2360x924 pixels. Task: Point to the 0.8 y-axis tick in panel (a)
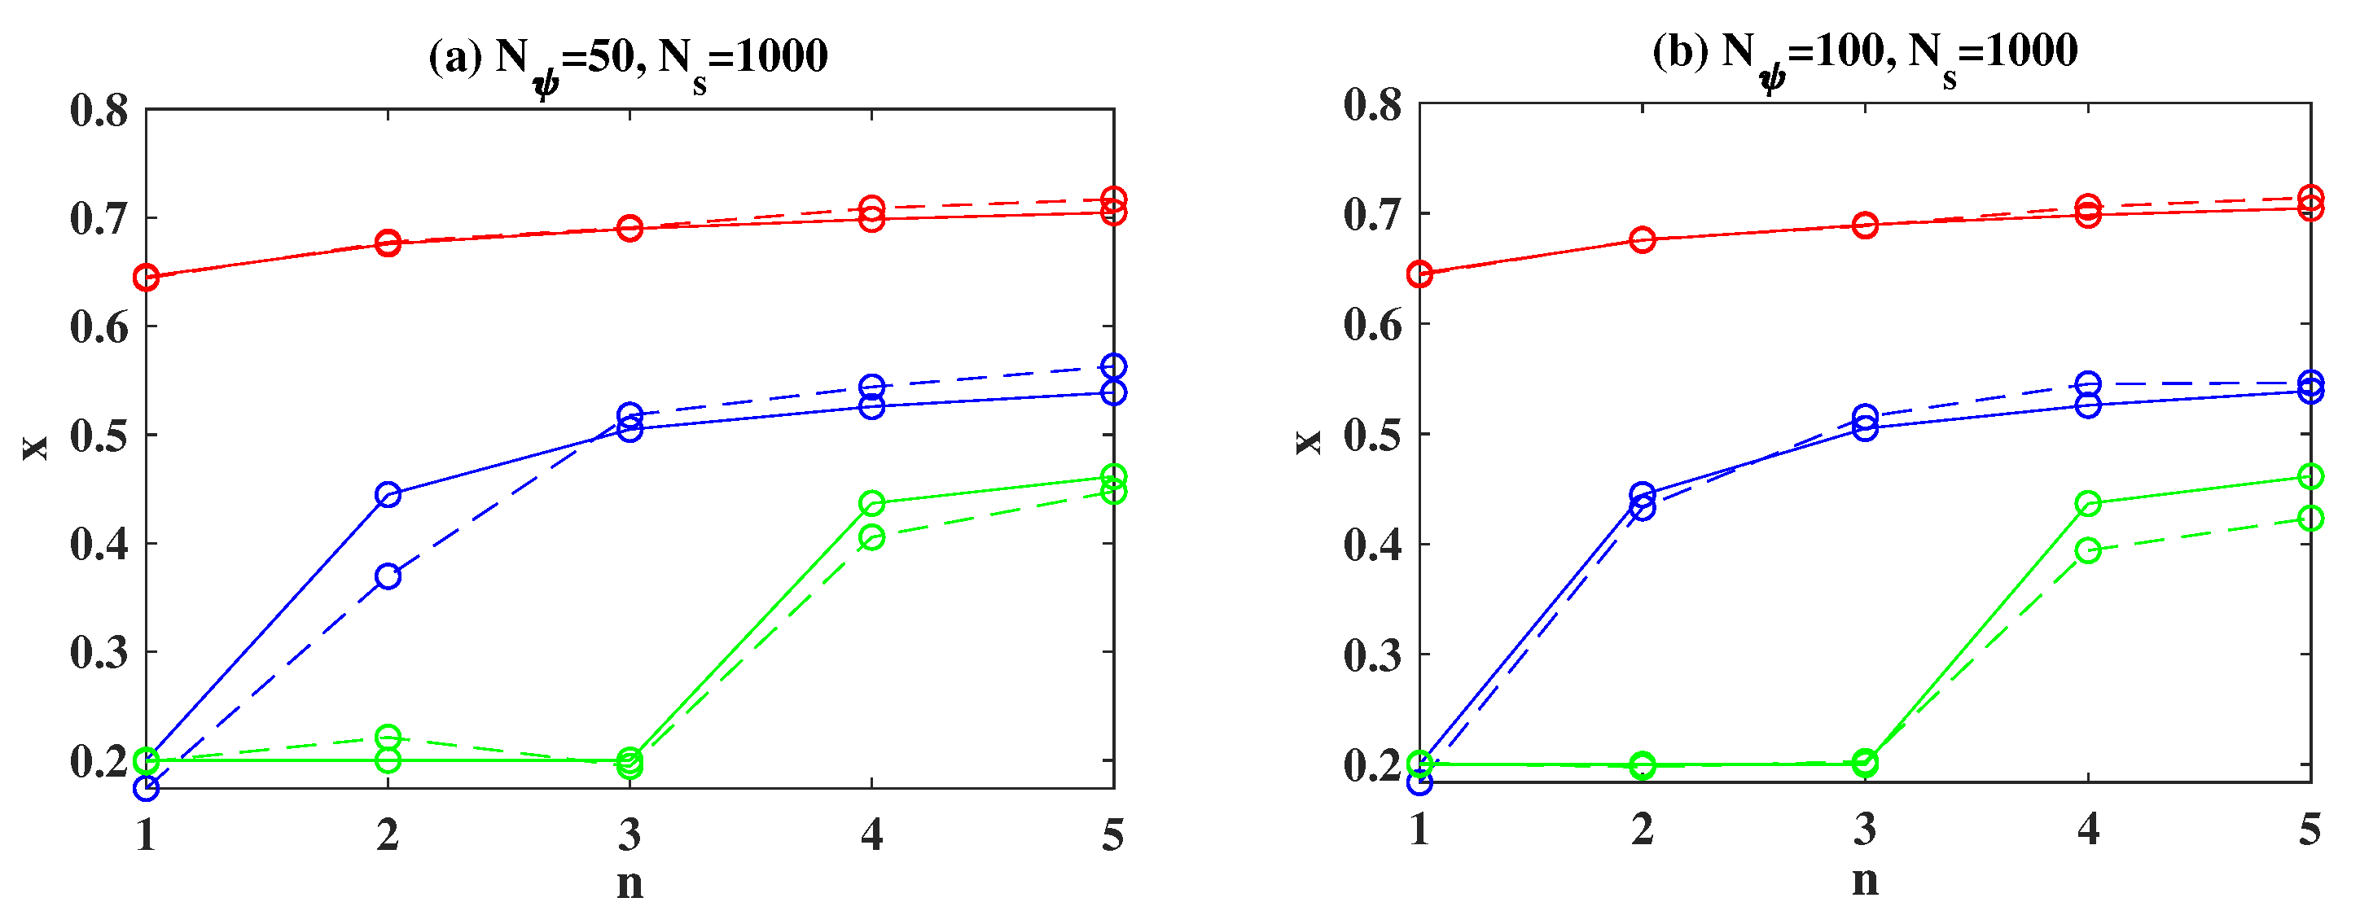99,111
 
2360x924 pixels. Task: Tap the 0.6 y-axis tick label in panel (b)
1372,324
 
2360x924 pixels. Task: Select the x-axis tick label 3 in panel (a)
629,834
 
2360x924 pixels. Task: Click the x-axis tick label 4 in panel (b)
2088,829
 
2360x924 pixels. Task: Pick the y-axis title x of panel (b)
1308,442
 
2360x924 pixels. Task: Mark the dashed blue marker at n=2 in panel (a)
388,576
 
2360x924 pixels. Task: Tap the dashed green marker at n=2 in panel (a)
388,736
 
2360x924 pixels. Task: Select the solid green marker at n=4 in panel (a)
871,504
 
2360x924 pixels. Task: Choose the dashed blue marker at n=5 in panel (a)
1113,366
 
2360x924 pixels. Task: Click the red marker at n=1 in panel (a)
147,278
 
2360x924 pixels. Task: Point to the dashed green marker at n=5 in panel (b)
2310,519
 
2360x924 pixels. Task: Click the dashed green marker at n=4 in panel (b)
2088,550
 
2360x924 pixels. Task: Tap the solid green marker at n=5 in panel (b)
2310,476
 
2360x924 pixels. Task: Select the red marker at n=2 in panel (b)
1643,240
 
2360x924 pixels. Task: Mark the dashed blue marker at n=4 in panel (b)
2088,383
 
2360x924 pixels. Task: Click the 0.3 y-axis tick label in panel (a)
99,653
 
